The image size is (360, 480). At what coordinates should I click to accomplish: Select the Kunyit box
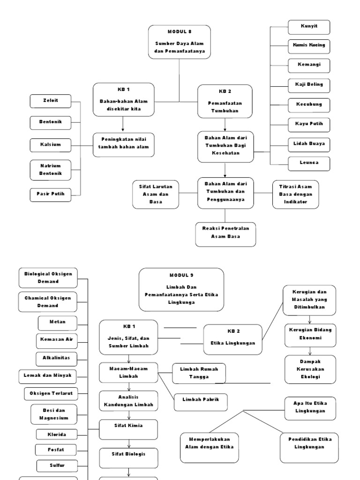point(309,27)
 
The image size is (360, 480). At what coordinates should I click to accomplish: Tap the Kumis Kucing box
point(309,46)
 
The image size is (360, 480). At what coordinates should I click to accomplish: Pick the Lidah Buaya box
point(309,143)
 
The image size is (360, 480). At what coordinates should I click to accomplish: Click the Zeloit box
point(51,101)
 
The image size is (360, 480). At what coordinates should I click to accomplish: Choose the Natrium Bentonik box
point(51,170)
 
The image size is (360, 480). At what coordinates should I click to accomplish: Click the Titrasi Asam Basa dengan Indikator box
point(295,194)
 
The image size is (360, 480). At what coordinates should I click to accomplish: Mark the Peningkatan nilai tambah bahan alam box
point(124,143)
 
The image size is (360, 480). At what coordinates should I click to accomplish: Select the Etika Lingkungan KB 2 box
point(233,337)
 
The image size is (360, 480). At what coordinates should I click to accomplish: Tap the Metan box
point(57,322)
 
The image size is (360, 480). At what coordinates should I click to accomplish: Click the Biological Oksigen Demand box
point(48,277)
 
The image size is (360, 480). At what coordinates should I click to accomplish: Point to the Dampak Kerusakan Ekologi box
point(310,369)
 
